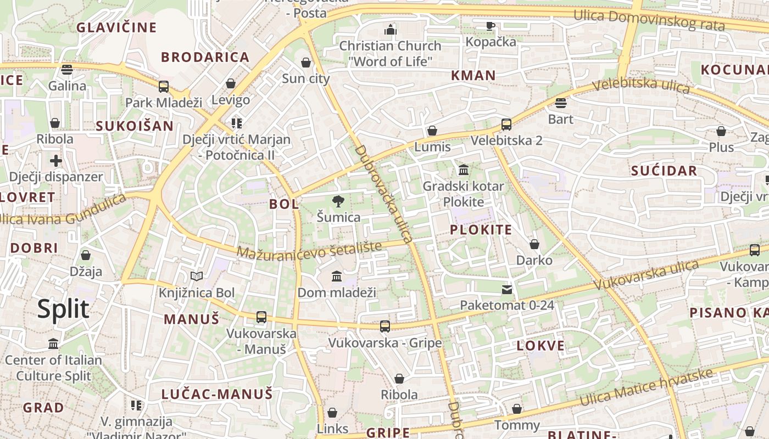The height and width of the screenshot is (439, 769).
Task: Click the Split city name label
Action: tap(63, 309)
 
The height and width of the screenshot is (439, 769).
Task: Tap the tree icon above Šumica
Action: tap(338, 201)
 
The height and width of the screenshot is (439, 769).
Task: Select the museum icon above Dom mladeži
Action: tap(337, 276)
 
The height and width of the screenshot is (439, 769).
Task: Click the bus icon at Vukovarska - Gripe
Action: tap(385, 327)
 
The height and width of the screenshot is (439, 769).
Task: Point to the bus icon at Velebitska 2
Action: tap(506, 125)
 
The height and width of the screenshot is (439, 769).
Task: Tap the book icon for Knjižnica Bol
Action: tap(196, 277)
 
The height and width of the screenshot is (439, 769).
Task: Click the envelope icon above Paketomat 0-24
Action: tap(506, 289)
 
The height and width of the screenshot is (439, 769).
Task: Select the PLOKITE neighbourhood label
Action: tap(481, 230)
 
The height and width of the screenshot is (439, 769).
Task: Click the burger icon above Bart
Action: tap(560, 103)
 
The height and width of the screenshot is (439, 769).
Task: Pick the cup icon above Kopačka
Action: tap(491, 26)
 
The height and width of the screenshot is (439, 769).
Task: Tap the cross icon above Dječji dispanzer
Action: tap(56, 161)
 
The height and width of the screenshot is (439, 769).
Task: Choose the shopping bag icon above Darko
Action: tap(534, 244)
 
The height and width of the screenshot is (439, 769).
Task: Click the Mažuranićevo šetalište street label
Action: tap(309, 250)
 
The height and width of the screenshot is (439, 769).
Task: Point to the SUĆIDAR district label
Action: tap(664, 171)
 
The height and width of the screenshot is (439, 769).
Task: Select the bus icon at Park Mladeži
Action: tap(164, 86)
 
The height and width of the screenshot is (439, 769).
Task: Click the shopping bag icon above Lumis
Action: tap(432, 131)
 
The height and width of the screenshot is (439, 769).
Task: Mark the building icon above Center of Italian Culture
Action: tap(53, 344)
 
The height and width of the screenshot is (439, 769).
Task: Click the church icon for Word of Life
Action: tap(391, 30)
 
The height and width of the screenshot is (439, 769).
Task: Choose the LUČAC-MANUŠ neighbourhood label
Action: tap(217, 394)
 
